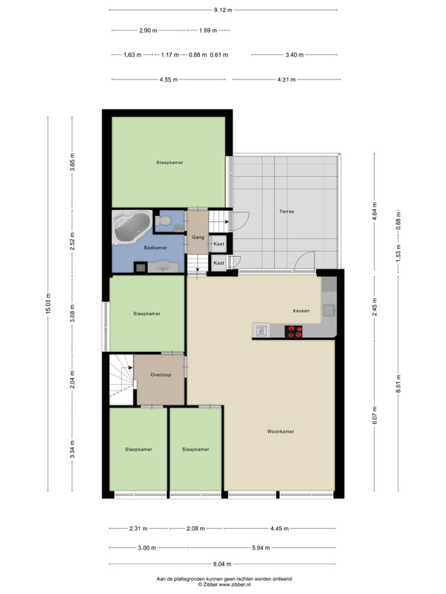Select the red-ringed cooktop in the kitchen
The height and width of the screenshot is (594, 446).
294,331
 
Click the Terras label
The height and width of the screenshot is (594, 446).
286,212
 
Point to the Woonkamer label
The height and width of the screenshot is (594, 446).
280,431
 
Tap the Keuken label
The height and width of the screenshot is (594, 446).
301,310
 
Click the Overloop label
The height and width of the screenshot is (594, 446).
161,375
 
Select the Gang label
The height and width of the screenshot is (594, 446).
198,238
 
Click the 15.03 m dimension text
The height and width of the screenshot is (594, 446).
48,304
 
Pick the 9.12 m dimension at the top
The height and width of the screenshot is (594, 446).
223,10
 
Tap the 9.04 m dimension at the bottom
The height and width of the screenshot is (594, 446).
222,564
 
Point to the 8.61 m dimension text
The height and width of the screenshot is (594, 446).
398,384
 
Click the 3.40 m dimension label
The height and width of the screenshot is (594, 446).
294,55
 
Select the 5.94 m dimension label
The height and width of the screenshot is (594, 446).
261,548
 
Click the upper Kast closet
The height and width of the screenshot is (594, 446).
219,244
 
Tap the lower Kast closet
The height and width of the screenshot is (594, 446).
219,263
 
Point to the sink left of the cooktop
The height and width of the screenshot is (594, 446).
262,331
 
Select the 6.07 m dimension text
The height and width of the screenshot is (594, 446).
375,415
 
